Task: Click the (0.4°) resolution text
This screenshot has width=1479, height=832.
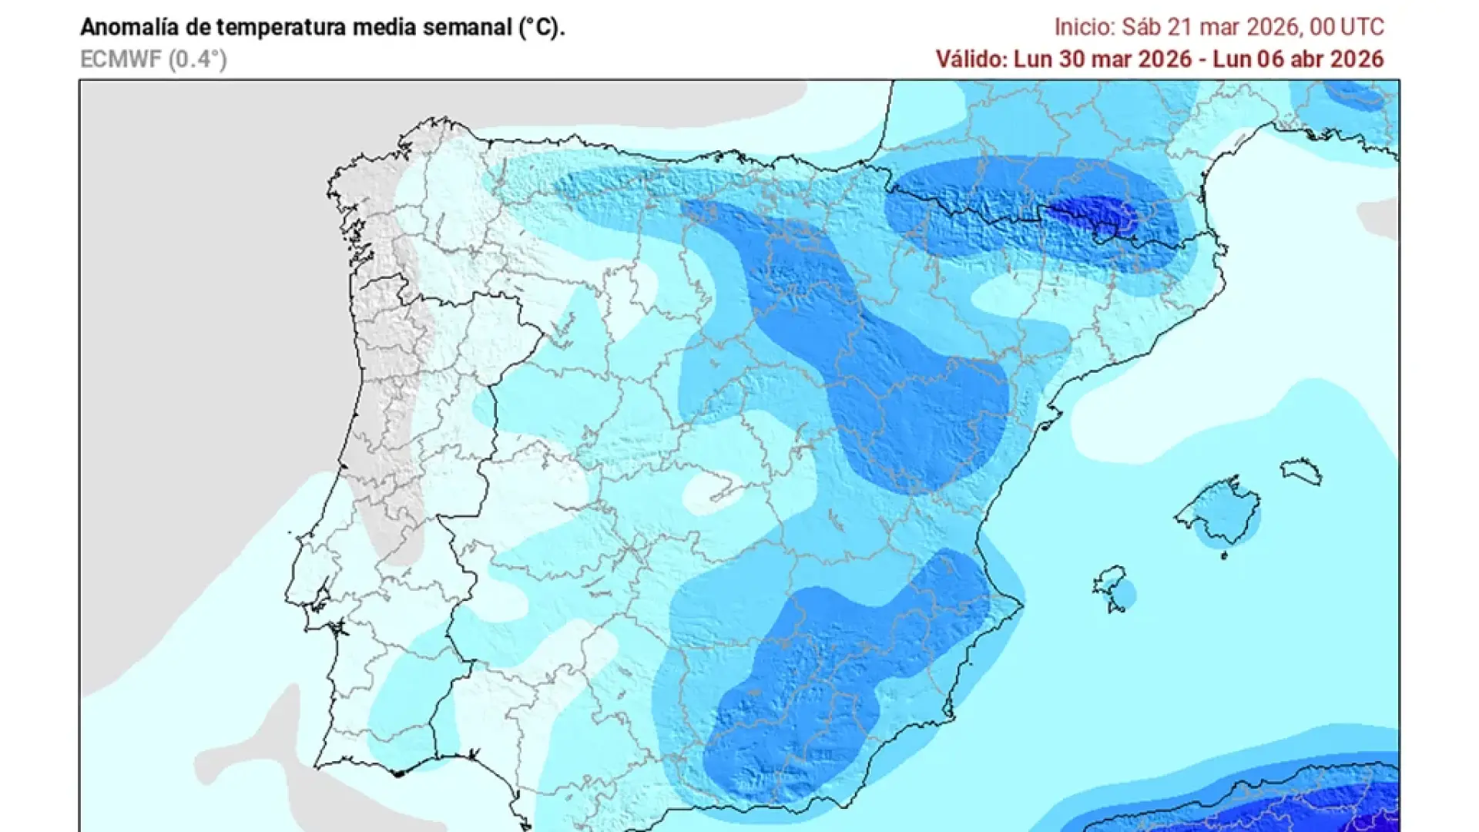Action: pos(198,59)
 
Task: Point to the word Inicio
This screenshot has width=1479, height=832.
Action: pos(1084,27)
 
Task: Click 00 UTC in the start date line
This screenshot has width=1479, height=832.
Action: pos(1347,27)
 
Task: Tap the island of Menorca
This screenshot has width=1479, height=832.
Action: pos(1301,470)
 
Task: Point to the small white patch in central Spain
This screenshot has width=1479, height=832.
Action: pos(713,493)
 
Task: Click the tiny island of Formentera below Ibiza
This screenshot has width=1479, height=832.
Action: pos(1115,609)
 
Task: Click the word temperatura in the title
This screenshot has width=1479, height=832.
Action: pos(281,27)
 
